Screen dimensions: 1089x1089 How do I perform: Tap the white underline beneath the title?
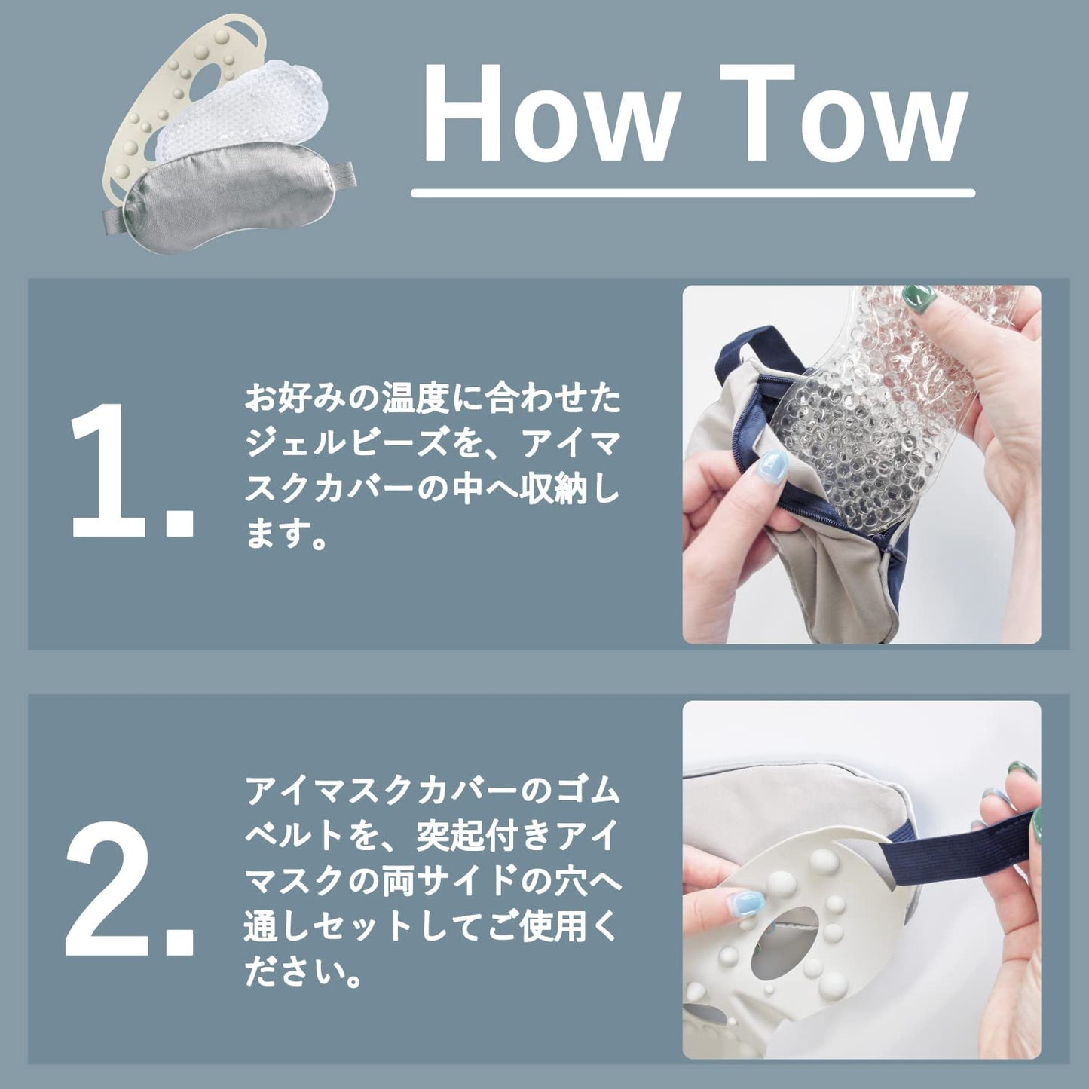coord(693,193)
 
